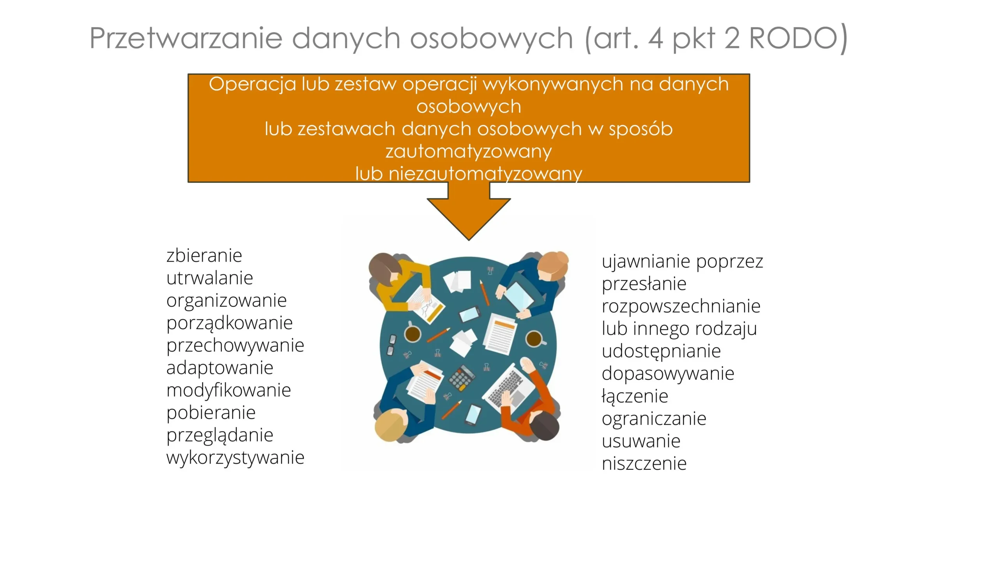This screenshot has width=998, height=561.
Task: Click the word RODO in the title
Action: tap(793, 38)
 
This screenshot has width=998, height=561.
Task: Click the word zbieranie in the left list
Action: tap(204, 256)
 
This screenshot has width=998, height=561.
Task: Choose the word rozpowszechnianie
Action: tap(681, 307)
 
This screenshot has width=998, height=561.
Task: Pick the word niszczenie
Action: tap(644, 464)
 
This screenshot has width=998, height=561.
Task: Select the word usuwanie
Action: tap(641, 441)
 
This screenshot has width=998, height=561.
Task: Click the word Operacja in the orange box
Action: tap(252, 85)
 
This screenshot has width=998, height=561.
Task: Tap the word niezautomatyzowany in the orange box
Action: tap(485, 174)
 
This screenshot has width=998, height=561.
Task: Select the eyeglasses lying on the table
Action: tap(391, 345)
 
